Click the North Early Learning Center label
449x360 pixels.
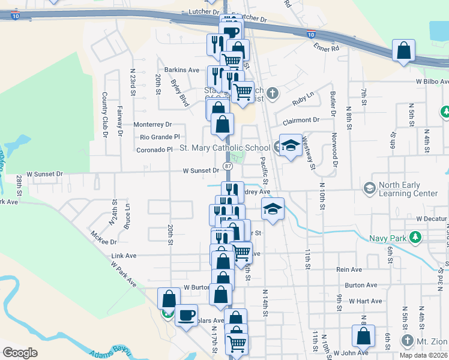(x=408, y=189)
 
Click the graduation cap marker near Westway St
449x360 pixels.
(x=291, y=146)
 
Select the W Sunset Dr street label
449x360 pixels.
(x=201, y=171)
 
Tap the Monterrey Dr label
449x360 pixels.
(x=152, y=124)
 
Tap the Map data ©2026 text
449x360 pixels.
(x=424, y=355)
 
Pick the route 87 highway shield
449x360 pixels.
(x=228, y=165)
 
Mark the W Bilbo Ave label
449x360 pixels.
(x=432, y=81)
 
